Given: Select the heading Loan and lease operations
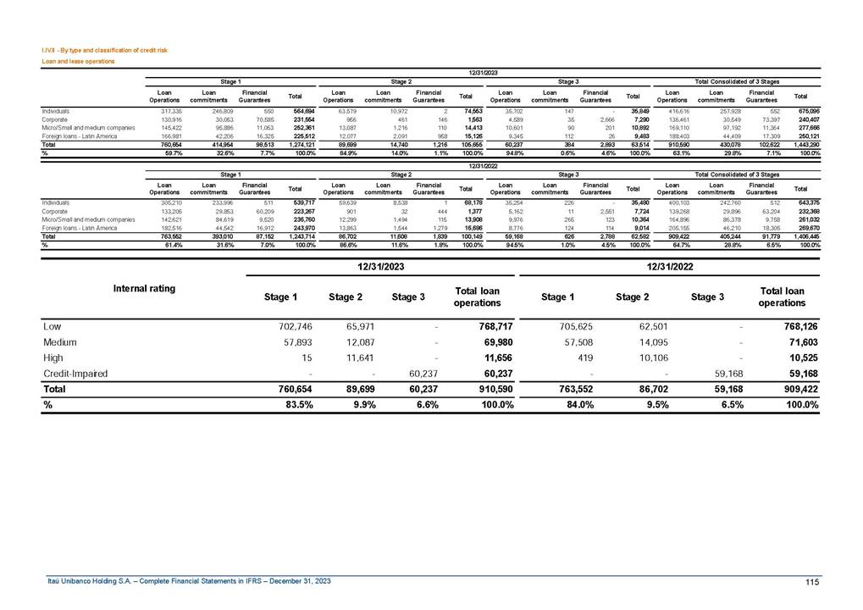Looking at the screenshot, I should tap(78, 62).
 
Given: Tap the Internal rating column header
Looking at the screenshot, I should tap(144, 288).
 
